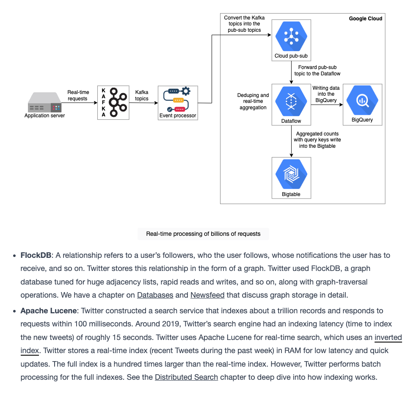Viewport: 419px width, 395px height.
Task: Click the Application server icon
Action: pos(44,102)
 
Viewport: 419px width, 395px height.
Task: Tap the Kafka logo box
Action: pos(113,102)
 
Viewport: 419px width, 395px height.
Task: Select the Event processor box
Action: pos(178,103)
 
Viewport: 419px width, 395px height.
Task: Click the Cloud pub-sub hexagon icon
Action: pos(291,36)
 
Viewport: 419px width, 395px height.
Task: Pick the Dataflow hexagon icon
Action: pos(291,101)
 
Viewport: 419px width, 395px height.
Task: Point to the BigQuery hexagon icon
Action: pos(362,100)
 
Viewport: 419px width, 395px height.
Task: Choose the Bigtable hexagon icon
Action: pos(291,174)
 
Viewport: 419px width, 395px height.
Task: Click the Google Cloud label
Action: pos(366,19)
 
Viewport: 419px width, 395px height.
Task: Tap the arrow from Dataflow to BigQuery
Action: pos(327,105)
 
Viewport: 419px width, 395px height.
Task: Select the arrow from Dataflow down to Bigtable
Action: pos(291,141)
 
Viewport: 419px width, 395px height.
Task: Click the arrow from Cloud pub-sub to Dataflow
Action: pos(291,72)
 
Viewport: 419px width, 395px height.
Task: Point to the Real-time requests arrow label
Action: pos(78,95)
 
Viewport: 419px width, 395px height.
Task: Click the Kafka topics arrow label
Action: pos(142,95)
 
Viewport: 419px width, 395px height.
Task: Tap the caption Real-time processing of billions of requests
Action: pos(203,234)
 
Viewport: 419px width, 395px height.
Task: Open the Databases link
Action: pos(155,295)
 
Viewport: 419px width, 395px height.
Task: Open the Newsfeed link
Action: pos(207,295)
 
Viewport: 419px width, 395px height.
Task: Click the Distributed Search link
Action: pos(187,377)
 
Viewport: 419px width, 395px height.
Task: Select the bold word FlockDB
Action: pos(36,255)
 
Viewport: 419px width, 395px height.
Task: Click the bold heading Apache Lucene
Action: pos(49,311)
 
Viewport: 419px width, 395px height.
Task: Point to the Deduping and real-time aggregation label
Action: pos(253,101)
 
